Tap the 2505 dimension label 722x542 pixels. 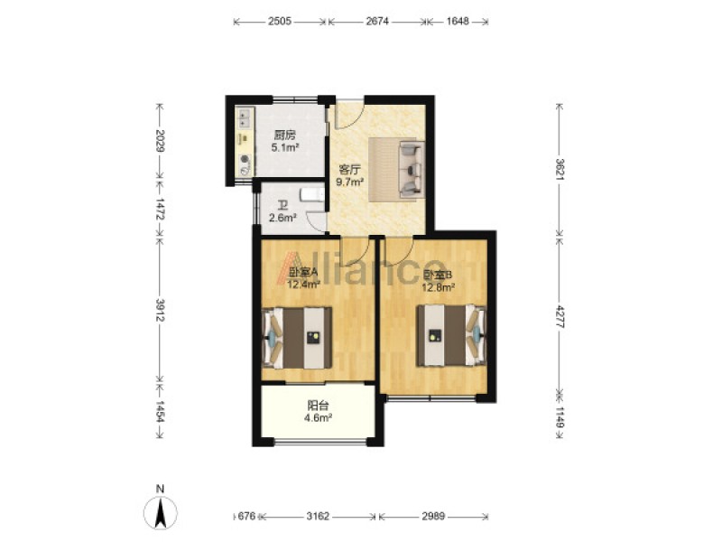tap(280, 21)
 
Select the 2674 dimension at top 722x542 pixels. tap(377, 21)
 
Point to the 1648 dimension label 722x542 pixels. tap(458, 21)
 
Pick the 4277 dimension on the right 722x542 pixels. tap(560, 316)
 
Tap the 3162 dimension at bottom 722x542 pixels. tap(319, 516)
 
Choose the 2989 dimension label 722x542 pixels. tap(433, 516)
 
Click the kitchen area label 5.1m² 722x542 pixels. tap(284, 148)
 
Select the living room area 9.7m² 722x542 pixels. tap(350, 182)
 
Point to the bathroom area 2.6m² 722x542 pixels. tap(282, 218)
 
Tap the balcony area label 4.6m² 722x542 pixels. tap(319, 418)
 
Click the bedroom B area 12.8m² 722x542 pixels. tap(439, 287)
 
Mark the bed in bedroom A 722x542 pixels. tap(297, 338)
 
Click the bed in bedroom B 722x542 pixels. tap(451, 335)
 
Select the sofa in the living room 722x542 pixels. tap(412, 170)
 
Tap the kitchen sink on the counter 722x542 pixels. tap(244, 117)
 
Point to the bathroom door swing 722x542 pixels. tap(316, 220)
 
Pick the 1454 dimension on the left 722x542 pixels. tap(160, 412)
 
